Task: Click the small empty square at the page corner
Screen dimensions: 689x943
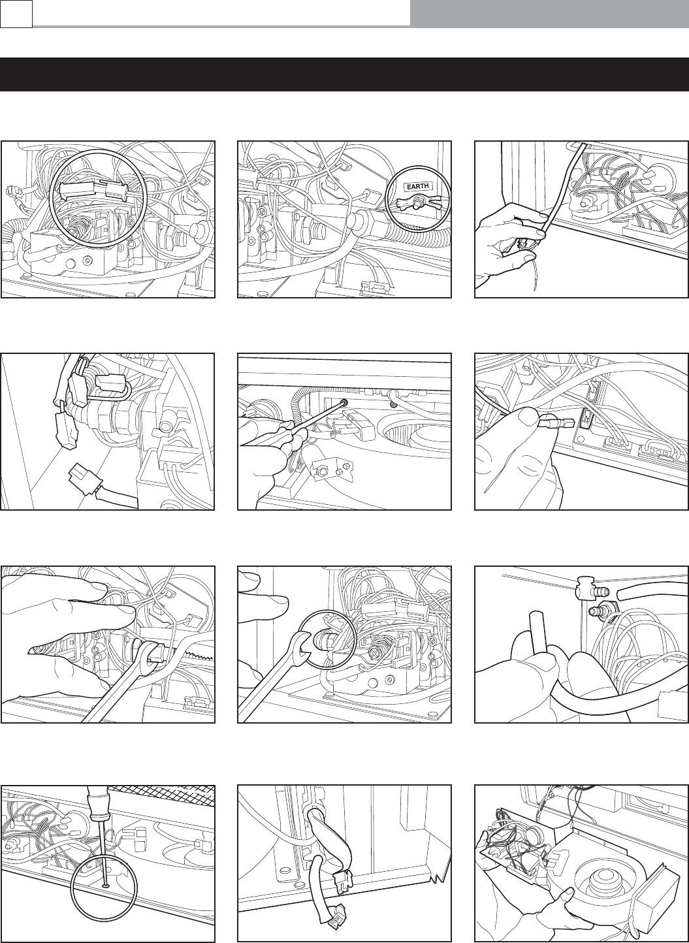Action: point(16,14)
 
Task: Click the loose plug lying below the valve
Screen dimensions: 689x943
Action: point(84,478)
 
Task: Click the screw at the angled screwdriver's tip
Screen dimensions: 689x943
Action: point(345,403)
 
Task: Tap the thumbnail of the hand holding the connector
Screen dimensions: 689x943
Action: point(527,417)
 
